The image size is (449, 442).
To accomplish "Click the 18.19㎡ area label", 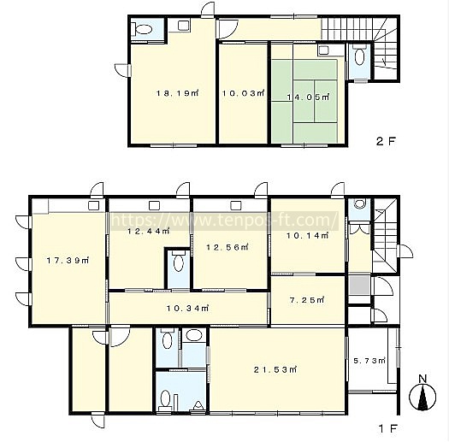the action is (177, 93).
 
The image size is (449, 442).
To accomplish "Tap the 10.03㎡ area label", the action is (244, 93).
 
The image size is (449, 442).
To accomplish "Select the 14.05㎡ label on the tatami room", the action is (308, 97).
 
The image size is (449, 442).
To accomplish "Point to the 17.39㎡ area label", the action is (68, 261).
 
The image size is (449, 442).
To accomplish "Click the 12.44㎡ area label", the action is (149, 231).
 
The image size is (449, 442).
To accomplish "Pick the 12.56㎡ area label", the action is (227, 247).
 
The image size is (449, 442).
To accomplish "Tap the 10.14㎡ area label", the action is (308, 236).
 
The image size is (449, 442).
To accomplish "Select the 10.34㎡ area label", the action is (188, 309).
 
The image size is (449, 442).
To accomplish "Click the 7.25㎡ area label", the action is (307, 300).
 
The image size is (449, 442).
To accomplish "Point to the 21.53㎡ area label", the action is (275, 369).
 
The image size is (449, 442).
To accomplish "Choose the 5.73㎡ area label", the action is (369, 361).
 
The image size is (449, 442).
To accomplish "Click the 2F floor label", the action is (386, 141).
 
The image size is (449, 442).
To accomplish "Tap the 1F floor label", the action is (388, 428).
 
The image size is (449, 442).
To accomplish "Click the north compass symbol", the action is (422, 393).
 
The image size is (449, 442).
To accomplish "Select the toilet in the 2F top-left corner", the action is (143, 29).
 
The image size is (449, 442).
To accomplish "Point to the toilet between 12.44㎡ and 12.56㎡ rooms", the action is (178, 261).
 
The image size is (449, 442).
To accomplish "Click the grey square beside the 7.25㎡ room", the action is (359, 285).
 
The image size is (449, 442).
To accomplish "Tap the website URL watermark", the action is (225, 220).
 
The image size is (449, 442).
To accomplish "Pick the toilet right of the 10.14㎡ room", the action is (360, 203).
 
